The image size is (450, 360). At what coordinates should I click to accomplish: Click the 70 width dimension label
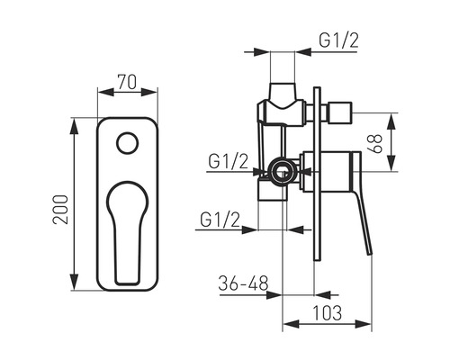[127, 82]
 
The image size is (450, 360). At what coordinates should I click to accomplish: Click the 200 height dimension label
[60, 210]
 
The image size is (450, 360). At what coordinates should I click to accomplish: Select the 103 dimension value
[327, 312]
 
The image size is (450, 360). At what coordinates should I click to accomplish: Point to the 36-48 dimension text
[243, 283]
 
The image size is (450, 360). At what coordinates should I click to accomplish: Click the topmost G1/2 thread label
[338, 40]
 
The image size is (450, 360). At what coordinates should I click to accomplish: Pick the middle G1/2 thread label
[229, 162]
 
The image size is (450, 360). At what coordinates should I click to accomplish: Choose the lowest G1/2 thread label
[220, 220]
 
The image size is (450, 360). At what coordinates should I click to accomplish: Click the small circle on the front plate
[128, 143]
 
